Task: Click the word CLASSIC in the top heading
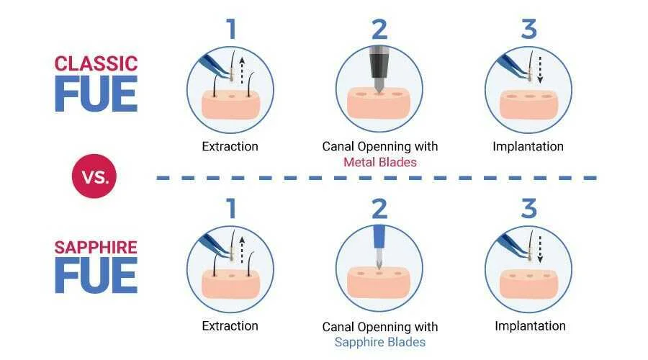click(96, 63)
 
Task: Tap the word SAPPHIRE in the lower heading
click(96, 247)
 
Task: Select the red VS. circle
click(94, 176)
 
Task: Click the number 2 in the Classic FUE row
click(379, 29)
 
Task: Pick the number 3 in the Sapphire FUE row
click(529, 208)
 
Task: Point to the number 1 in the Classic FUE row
click(231, 29)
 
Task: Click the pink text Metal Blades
click(379, 162)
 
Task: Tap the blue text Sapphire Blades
click(379, 342)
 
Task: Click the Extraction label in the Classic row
click(230, 146)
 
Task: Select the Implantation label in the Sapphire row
click(530, 325)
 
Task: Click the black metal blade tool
click(379, 68)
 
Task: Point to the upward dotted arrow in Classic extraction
click(242, 71)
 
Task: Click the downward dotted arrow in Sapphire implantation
click(540, 250)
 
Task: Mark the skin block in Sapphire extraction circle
click(230, 284)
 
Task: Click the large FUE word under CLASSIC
click(96, 94)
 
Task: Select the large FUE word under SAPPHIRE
click(96, 275)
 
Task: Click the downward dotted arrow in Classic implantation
click(540, 71)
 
